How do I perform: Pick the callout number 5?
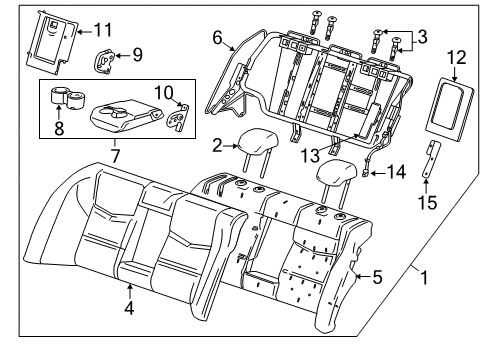[x=376, y=278]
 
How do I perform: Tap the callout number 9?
[x=137, y=52]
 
